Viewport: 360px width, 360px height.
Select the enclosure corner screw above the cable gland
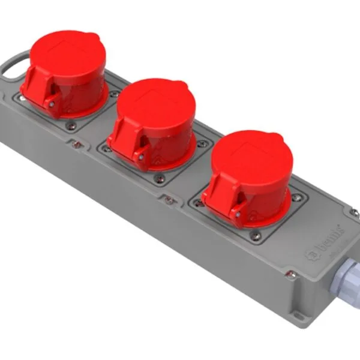tap(355, 212)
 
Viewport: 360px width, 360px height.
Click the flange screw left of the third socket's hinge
tap(199, 203)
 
